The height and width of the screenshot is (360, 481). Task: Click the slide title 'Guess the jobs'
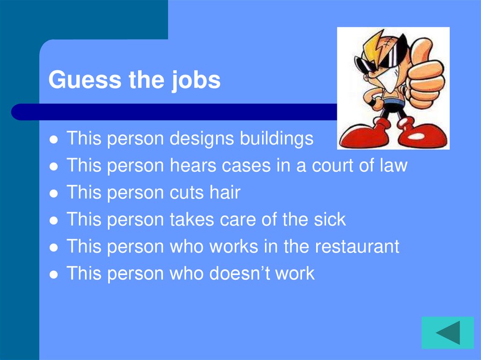134,80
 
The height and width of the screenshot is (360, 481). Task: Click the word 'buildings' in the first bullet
277,138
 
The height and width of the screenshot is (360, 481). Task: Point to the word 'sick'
328,220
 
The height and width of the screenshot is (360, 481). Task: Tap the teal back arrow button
447,332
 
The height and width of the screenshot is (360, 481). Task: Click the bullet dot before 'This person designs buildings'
54,139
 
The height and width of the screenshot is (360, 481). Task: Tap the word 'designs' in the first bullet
202,139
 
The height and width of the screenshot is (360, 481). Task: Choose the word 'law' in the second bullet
393,166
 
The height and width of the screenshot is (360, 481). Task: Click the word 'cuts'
188,193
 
